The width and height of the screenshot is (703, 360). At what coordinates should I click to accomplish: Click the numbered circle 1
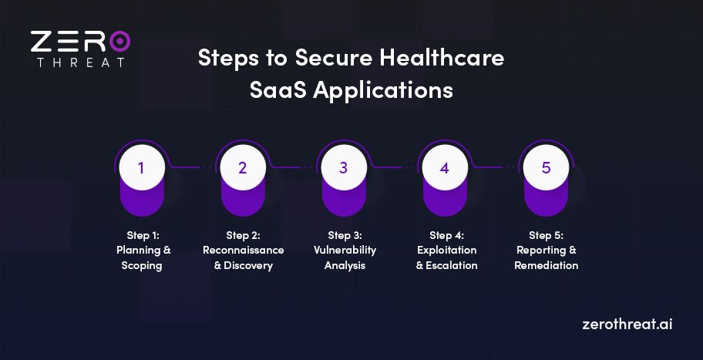pyautogui.click(x=141, y=167)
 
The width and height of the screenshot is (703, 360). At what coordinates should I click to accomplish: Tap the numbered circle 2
pyautogui.click(x=242, y=167)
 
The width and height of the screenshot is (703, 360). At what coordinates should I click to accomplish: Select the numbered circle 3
pyautogui.click(x=344, y=167)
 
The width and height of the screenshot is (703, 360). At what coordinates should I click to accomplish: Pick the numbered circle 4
pyautogui.click(x=445, y=167)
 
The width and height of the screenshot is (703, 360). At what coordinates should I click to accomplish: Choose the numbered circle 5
pyautogui.click(x=546, y=167)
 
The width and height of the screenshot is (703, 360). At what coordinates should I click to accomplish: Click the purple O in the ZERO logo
pyautogui.click(x=120, y=41)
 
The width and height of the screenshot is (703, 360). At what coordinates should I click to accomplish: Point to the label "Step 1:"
pyautogui.click(x=143, y=235)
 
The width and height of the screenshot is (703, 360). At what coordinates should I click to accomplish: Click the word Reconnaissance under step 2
pyautogui.click(x=243, y=251)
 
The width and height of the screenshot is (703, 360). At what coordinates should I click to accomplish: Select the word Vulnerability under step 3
pyautogui.click(x=345, y=251)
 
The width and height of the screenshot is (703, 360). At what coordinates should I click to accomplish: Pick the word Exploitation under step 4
pyautogui.click(x=447, y=251)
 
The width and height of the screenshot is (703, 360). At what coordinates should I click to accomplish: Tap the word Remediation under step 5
pyautogui.click(x=547, y=266)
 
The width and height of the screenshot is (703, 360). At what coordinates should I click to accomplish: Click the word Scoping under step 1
pyautogui.click(x=143, y=266)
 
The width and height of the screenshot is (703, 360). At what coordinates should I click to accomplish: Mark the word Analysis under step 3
pyautogui.click(x=345, y=266)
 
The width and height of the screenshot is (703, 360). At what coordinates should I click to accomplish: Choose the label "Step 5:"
pyautogui.click(x=546, y=235)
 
